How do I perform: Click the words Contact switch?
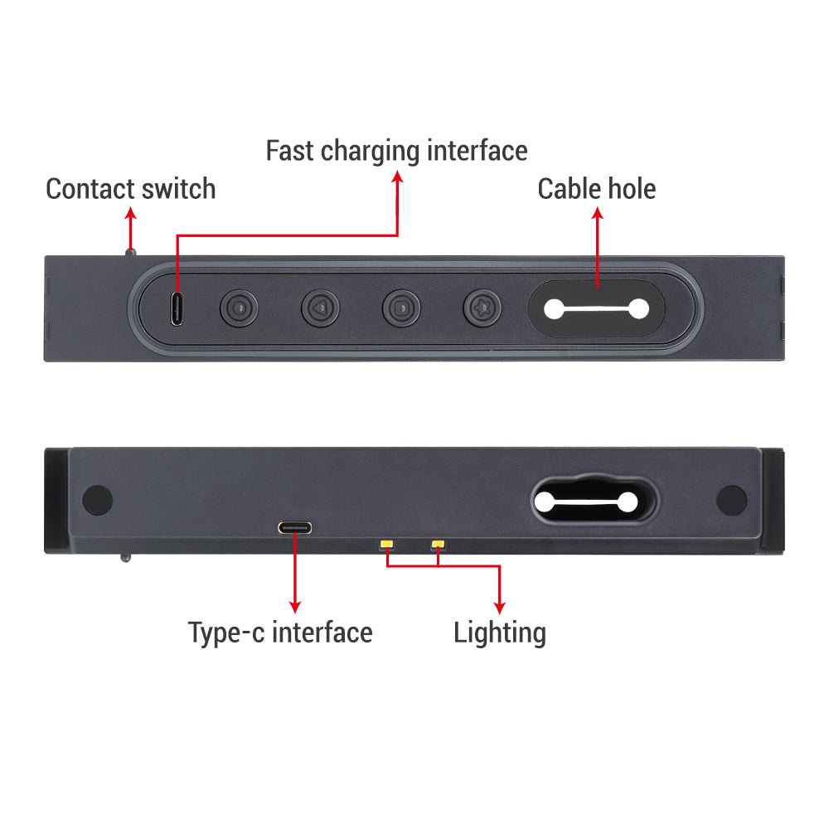point(131,189)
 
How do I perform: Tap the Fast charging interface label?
point(396,151)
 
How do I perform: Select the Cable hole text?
point(597,189)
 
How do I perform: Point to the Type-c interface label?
point(280,633)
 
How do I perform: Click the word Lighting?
point(500,633)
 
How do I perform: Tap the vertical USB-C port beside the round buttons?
point(177,308)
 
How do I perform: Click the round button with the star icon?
point(482,308)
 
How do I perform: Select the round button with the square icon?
point(401,308)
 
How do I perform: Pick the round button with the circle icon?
point(239,308)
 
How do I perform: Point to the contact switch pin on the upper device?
point(131,252)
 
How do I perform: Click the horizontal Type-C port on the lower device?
point(295,527)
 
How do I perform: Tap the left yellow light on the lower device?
point(386,544)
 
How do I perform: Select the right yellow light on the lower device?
point(439,544)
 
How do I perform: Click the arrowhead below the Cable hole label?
point(598,212)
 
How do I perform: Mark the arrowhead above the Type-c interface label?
point(295,607)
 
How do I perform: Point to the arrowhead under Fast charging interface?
point(398,176)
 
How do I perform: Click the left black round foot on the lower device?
point(98,500)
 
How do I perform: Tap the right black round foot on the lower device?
point(732,500)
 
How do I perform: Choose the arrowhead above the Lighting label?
point(500,607)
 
